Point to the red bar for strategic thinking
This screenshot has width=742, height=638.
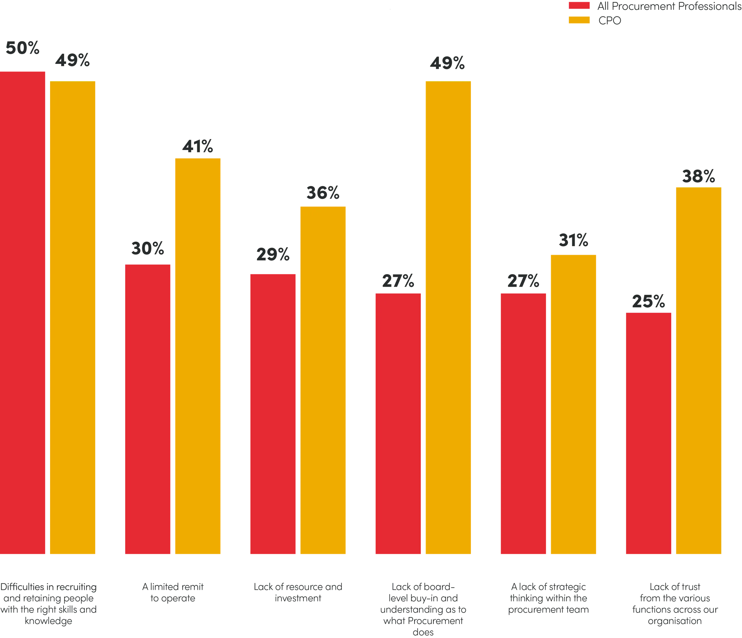(x=523, y=424)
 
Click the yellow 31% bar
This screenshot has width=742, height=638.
(x=573, y=404)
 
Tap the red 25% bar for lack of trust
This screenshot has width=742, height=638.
(x=648, y=433)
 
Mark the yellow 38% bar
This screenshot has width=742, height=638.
(x=698, y=371)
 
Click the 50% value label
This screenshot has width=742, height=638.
(x=22, y=48)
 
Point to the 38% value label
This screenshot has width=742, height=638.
(x=698, y=176)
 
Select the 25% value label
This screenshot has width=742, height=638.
(x=648, y=302)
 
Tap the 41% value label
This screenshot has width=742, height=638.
(x=198, y=147)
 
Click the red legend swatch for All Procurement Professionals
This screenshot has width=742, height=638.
(x=579, y=6)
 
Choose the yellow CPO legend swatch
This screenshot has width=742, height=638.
(x=579, y=20)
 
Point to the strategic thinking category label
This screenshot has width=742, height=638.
(x=548, y=598)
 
